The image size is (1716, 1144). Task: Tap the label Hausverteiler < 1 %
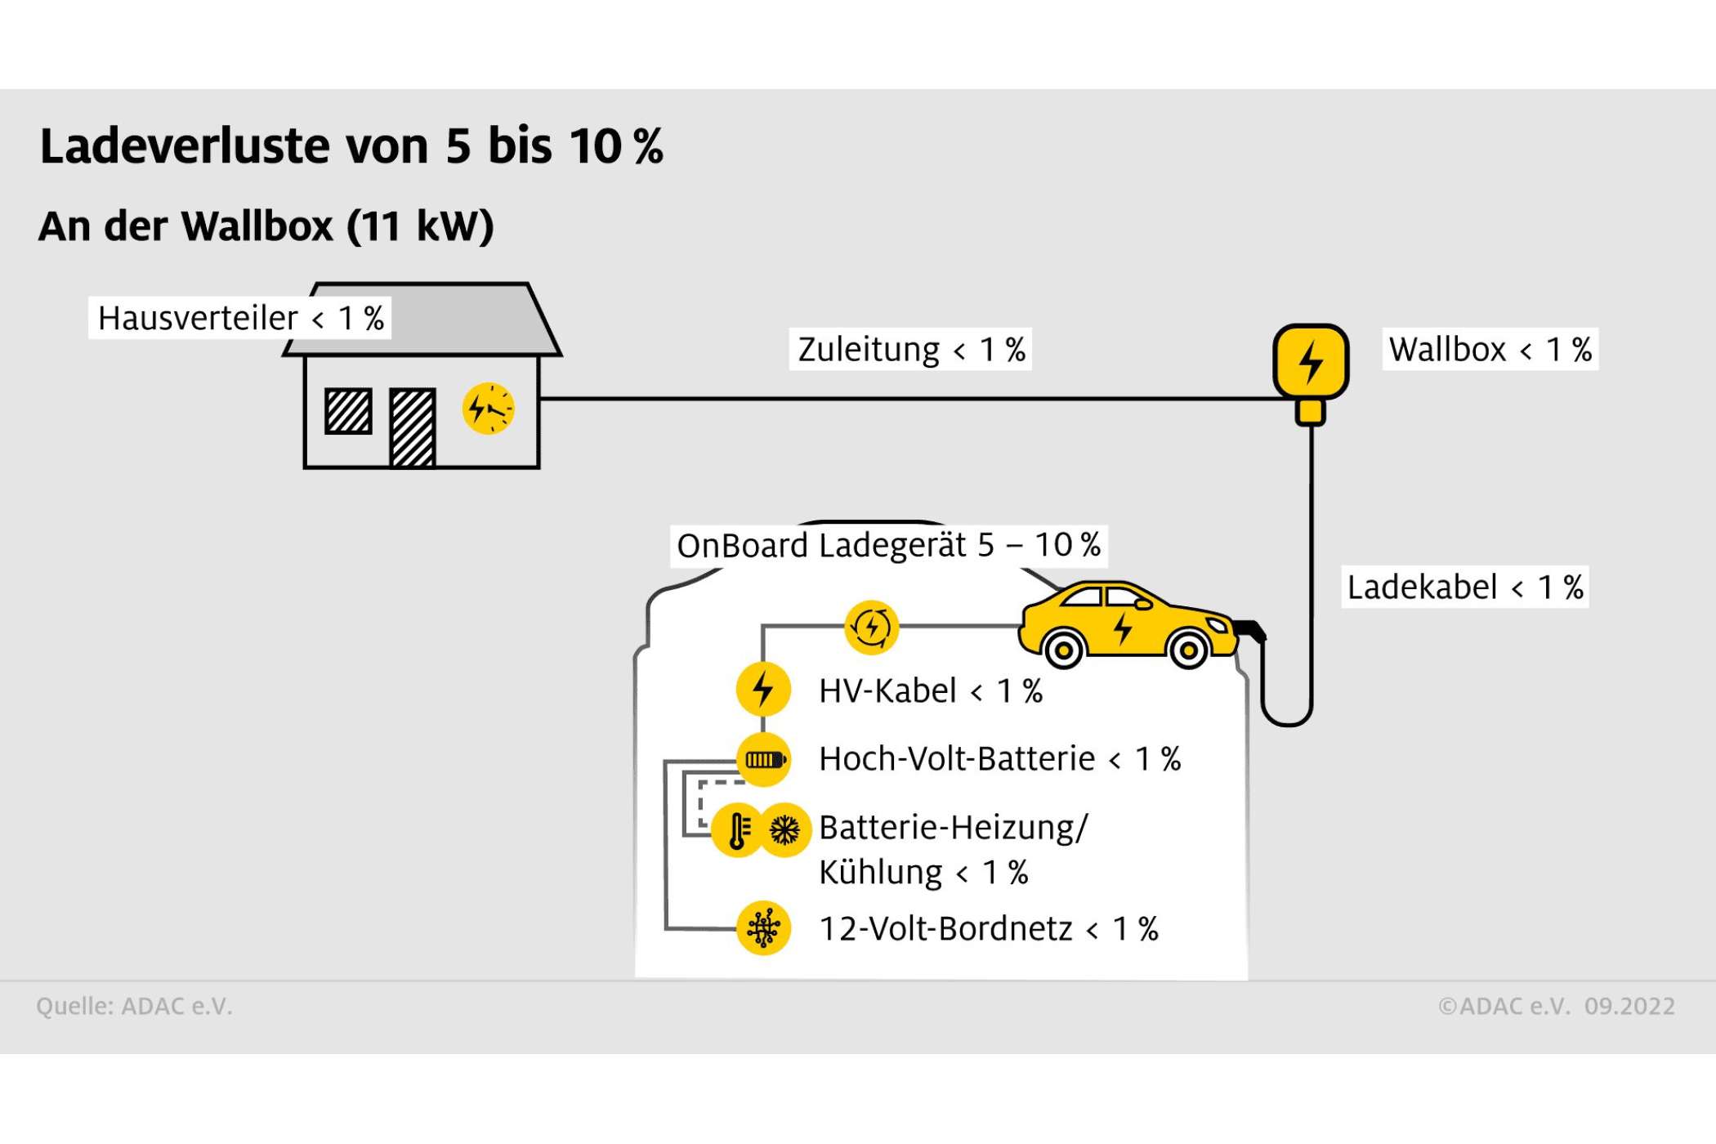(240, 318)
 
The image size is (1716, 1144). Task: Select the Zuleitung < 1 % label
(911, 350)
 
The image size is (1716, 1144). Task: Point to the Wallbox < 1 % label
(1490, 350)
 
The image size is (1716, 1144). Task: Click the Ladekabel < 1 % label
(1465, 587)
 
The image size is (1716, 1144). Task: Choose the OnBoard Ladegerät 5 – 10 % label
(889, 545)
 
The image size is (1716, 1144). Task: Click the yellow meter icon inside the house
(489, 409)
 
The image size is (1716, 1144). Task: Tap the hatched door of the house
(413, 427)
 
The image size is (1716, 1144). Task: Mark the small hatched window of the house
(349, 410)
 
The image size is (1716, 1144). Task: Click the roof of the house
(422, 320)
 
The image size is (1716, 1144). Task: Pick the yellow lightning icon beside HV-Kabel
(763, 689)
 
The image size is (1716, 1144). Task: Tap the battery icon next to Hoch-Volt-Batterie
(763, 759)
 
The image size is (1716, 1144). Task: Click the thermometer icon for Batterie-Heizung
(738, 830)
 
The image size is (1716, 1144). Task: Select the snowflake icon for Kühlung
(785, 830)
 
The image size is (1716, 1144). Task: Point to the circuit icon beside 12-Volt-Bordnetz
(763, 928)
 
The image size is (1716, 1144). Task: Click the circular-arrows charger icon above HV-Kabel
(871, 628)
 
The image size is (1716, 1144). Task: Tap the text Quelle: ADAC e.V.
(134, 1006)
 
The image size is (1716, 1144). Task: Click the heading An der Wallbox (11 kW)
(266, 226)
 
